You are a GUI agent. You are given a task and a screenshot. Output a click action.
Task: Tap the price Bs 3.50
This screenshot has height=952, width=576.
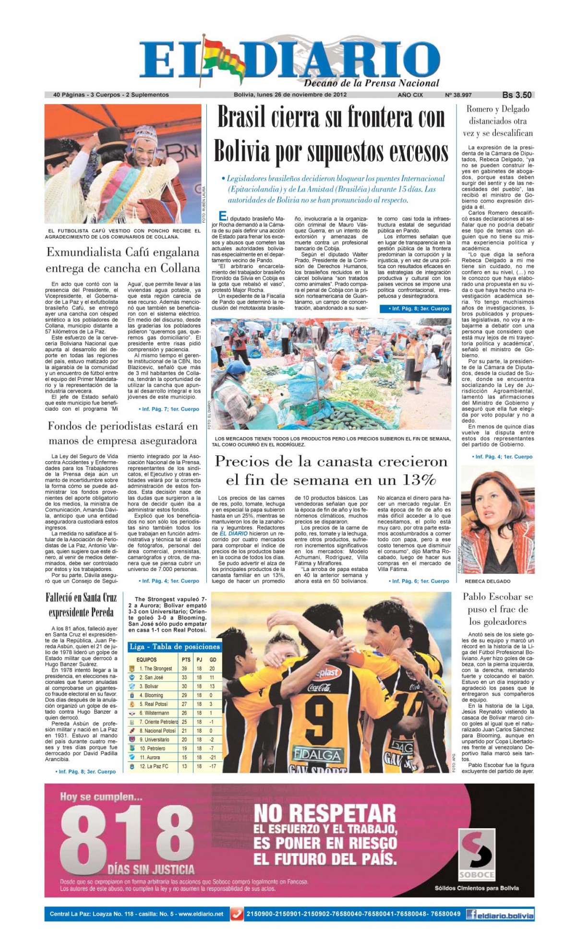[x=516, y=95]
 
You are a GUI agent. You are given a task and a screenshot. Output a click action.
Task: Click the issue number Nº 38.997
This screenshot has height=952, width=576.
[x=458, y=95]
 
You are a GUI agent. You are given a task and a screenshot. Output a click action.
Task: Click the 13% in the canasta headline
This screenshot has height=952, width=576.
[x=420, y=479]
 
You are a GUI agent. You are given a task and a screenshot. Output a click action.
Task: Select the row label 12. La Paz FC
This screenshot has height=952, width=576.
[x=154, y=766]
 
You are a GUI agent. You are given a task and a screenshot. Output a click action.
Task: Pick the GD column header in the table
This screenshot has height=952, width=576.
[x=213, y=660]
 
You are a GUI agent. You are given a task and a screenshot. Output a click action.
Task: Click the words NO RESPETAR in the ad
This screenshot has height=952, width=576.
[x=324, y=814]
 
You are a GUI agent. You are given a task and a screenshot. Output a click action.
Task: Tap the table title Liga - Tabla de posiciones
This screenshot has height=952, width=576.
[x=175, y=646]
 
